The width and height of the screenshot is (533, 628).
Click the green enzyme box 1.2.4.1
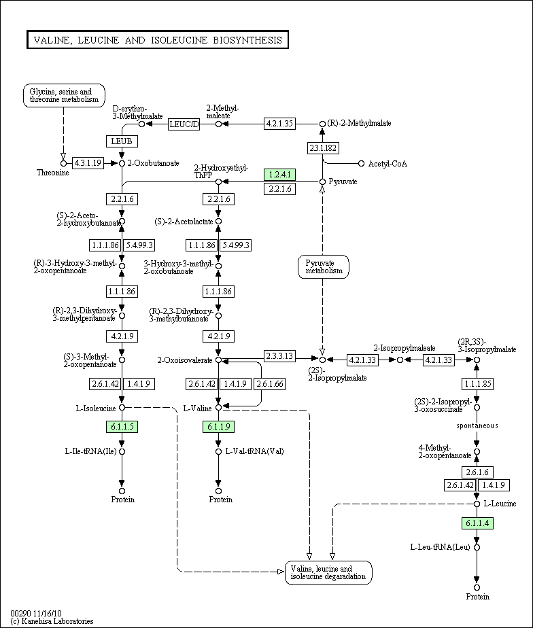[279, 175]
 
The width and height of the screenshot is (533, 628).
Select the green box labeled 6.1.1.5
[122, 427]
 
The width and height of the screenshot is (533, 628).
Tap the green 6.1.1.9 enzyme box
[218, 427]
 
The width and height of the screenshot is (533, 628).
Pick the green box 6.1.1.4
[477, 523]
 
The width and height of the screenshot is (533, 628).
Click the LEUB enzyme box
[122, 141]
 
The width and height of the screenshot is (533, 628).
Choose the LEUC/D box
[184, 123]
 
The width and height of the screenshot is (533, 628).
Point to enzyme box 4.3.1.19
[87, 163]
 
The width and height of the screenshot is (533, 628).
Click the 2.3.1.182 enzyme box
[323, 148]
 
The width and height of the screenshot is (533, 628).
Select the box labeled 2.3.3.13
[279, 355]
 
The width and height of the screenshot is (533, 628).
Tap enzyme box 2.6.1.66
[270, 384]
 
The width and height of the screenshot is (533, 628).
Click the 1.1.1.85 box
[477, 384]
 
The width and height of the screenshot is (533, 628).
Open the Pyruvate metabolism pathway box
[323, 267]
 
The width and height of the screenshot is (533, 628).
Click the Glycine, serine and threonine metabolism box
[64, 96]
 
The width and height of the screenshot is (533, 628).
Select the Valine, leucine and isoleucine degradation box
[329, 572]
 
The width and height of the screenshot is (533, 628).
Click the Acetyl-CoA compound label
[388, 164]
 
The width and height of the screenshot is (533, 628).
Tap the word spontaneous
[477, 426]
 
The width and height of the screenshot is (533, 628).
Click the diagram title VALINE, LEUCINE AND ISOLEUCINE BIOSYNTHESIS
[158, 40]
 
